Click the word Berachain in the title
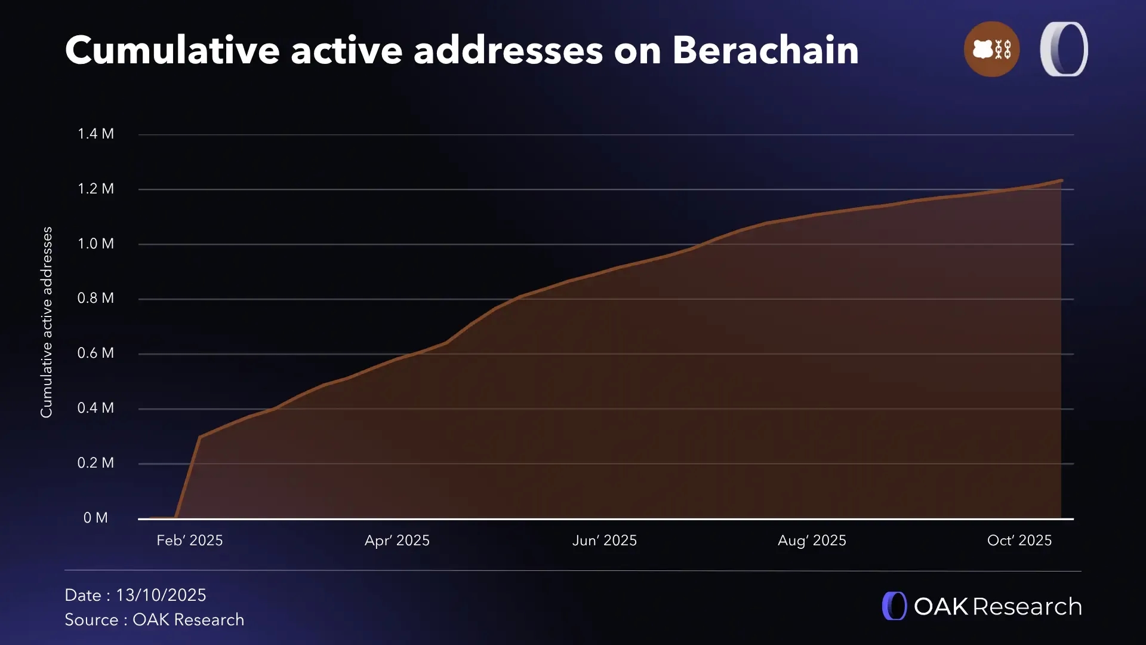(765, 50)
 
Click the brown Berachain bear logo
(991, 49)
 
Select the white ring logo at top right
(1064, 49)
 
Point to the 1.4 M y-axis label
(95, 134)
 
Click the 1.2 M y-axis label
(95, 189)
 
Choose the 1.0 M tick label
(95, 244)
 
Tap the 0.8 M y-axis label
(95, 298)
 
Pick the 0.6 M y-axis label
(95, 353)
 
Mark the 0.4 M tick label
(95, 408)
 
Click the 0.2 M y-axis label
(95, 463)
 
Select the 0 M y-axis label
(95, 518)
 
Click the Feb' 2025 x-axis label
(190, 540)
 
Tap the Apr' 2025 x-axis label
(397, 540)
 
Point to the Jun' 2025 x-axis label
(605, 540)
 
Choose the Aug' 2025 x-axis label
(812, 540)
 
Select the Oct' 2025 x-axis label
(1019, 540)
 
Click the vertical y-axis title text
(47, 322)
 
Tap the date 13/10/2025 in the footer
(161, 595)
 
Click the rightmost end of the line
(1061, 180)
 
